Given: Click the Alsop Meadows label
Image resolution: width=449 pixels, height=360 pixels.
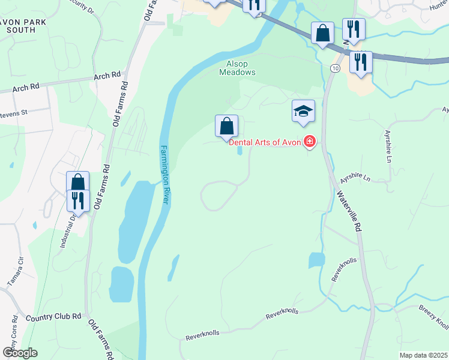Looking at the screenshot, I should [237, 67].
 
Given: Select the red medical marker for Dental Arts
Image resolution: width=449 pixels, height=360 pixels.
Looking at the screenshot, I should [310, 142].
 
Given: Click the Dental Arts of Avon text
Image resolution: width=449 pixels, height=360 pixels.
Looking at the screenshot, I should [264, 142].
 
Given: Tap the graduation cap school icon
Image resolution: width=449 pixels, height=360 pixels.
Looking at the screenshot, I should [303, 111].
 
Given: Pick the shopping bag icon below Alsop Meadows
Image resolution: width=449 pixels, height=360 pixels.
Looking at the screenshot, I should [226, 127].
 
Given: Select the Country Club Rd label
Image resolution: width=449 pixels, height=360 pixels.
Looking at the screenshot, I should [53, 316].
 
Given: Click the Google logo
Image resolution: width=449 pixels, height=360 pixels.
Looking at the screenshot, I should [20, 352].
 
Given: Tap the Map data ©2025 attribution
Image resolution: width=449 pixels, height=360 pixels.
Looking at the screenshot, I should [423, 355].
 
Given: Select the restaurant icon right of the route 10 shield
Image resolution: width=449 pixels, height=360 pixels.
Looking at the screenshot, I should [361, 62].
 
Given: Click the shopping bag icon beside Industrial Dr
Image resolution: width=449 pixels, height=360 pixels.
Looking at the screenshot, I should [78, 182].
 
